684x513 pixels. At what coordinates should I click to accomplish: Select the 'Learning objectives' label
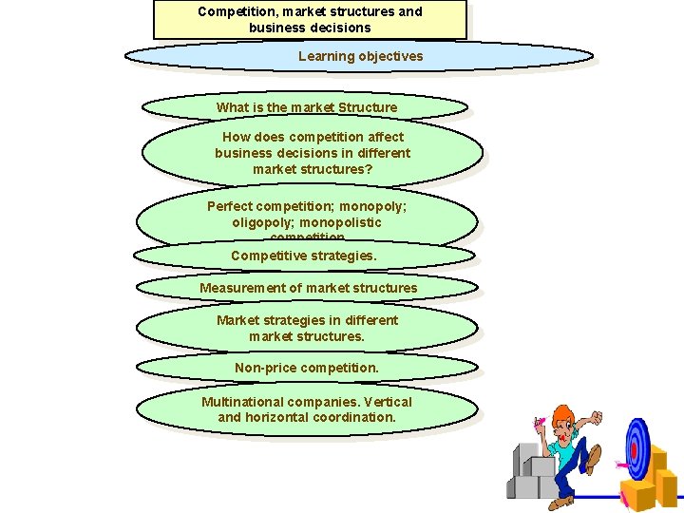click(360, 56)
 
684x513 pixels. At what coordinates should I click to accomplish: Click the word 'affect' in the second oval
click(384, 137)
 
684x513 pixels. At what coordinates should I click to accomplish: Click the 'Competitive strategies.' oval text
click(303, 256)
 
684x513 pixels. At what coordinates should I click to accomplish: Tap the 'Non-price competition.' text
click(306, 368)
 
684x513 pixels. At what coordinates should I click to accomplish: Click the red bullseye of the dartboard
click(635, 449)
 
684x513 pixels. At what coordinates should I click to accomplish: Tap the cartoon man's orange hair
click(563, 416)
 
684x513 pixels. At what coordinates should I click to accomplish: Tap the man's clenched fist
click(596, 417)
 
